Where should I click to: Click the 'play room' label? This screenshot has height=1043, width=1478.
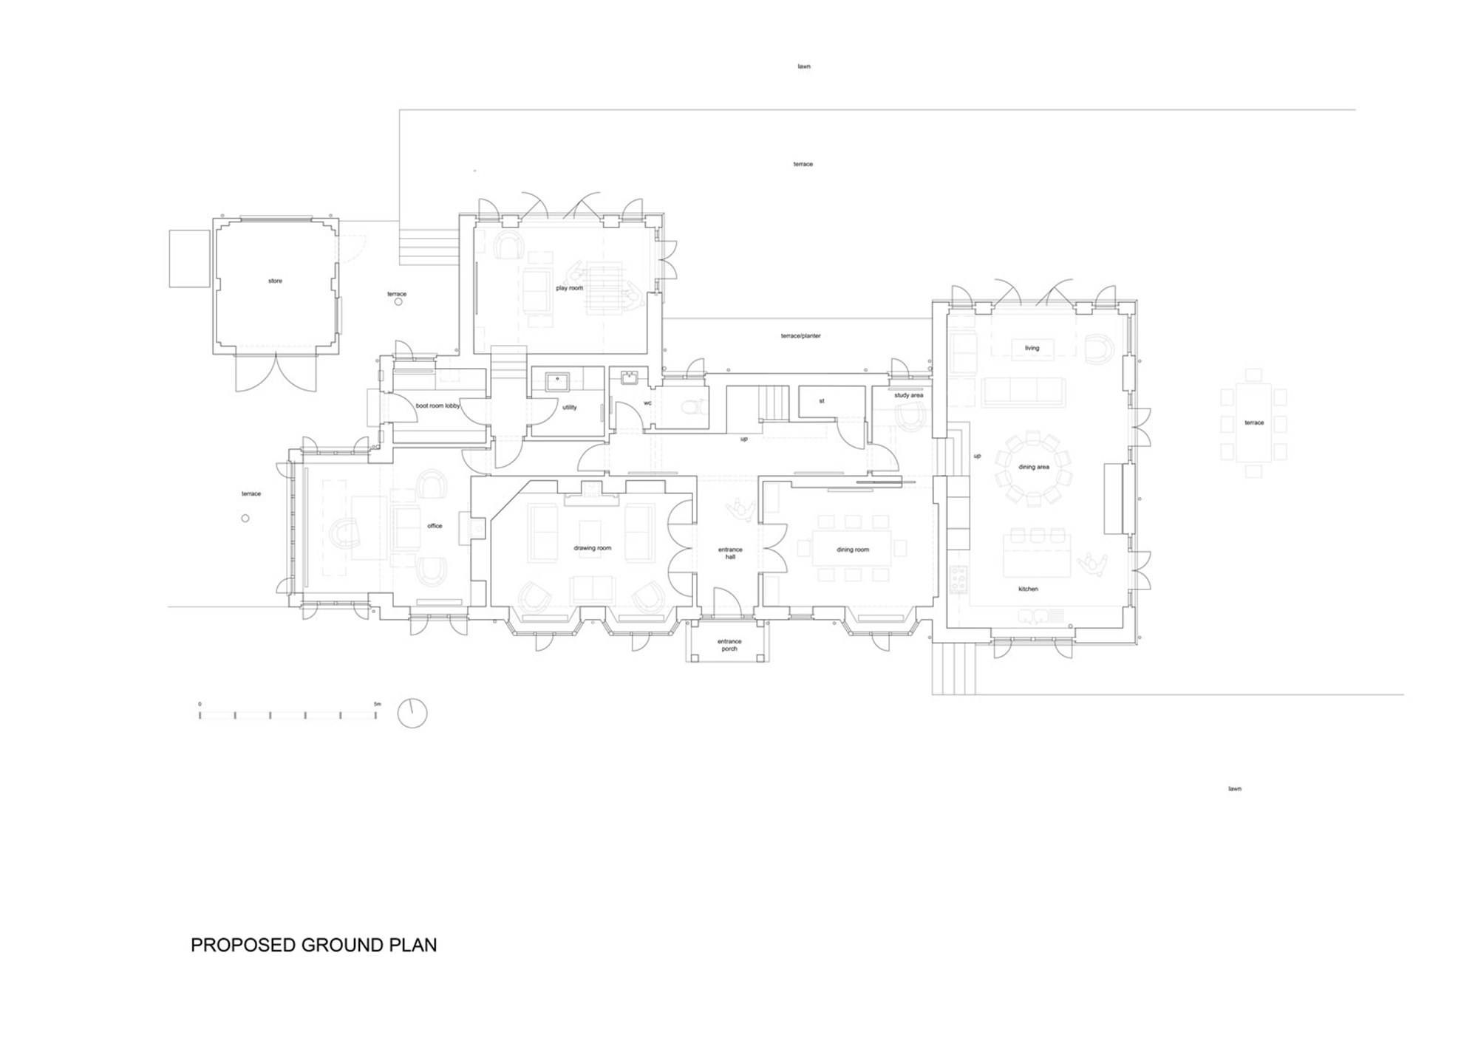point(569,288)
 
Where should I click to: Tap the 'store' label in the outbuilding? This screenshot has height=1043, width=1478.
point(275,281)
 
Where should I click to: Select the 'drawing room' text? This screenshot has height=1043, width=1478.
point(593,548)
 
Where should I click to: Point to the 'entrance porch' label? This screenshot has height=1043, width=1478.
point(729,645)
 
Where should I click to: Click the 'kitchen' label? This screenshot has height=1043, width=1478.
point(1028,589)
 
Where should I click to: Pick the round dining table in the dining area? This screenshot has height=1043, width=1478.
point(1033,468)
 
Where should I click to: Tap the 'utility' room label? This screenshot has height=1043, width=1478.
point(569,407)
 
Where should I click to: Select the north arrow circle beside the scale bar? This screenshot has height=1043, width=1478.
point(412,713)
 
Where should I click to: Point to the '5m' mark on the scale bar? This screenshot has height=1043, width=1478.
point(377,704)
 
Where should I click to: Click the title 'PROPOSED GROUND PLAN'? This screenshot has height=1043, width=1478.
point(314,945)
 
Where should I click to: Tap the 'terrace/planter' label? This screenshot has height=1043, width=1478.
point(801,336)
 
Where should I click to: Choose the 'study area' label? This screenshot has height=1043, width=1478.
point(908,395)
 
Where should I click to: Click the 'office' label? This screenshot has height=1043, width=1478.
point(435,526)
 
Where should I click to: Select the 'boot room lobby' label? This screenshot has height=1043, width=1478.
point(437,406)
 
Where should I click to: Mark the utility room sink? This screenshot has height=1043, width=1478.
point(556,381)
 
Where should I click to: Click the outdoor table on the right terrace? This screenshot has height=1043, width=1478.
point(1253,423)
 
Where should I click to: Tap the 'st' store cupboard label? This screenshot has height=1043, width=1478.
point(822,401)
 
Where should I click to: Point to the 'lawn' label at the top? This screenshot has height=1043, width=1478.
point(804,66)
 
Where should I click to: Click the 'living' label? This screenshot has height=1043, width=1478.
point(1032,348)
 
